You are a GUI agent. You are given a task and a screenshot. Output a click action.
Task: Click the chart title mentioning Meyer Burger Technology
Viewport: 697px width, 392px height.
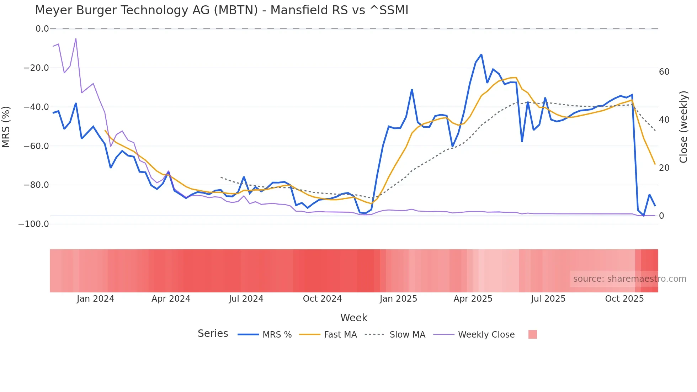(222, 10)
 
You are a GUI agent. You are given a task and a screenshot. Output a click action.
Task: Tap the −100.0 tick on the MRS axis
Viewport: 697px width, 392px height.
(33, 224)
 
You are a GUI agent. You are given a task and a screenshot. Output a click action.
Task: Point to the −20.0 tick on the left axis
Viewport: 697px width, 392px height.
(36, 68)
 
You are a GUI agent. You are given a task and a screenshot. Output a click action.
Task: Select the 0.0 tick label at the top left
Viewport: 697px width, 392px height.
(42, 29)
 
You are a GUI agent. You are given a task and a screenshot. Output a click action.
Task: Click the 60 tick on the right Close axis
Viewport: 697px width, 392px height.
(664, 72)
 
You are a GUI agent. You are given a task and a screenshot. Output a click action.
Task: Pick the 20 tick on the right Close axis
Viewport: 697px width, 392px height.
(664, 168)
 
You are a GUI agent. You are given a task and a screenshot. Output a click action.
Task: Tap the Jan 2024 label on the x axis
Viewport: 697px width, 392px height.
(95, 299)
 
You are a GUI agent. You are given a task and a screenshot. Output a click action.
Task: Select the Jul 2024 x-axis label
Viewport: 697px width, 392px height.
(246, 299)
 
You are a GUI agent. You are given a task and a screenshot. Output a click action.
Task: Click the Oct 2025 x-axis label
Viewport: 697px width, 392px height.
(624, 299)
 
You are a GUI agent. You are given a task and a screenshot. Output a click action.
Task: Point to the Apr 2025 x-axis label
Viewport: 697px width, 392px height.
(473, 299)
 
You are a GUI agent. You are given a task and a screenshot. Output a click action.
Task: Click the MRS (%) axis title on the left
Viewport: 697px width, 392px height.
(6, 127)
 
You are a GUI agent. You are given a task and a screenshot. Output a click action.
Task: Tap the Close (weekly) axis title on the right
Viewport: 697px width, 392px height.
(683, 127)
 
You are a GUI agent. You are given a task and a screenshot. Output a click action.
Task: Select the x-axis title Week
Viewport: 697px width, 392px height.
(354, 318)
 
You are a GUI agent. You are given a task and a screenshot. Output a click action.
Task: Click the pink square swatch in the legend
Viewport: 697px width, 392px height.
(532, 334)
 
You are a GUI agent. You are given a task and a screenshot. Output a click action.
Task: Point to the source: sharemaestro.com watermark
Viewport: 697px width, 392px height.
(629, 279)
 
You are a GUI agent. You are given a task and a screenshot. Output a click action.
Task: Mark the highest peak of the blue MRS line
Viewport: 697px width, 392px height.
(481, 54)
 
